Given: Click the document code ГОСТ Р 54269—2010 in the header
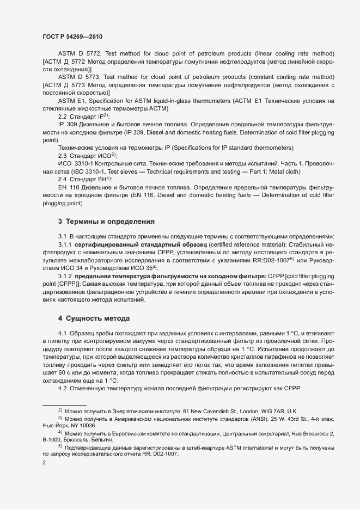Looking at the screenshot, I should tap(72, 36).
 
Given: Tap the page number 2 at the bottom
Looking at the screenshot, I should tap(44, 464).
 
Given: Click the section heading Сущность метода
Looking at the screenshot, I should tap(98, 317).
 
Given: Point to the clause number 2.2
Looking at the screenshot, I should tap(62, 117).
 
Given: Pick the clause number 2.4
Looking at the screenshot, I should tap(62, 179).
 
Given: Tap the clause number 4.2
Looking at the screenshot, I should tap(62, 387).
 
